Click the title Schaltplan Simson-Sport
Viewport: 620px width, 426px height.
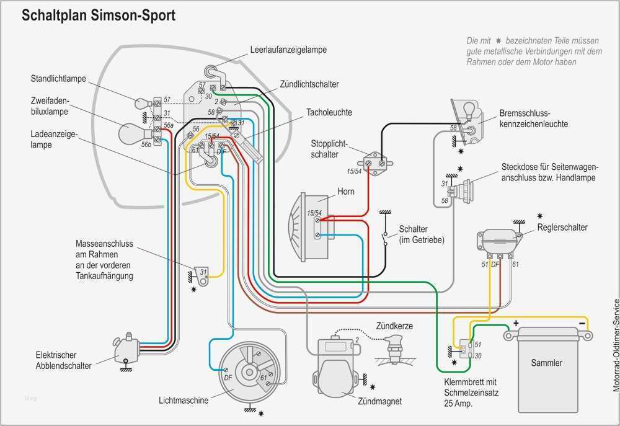click(99, 16)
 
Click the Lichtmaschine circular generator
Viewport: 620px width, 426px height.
click(250, 372)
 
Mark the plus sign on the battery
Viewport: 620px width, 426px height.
click(515, 323)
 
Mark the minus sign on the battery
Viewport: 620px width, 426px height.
click(582, 323)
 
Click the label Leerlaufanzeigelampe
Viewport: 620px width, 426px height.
click(288, 49)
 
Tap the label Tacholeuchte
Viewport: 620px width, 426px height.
click(329, 112)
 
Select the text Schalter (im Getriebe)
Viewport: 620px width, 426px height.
click(422, 234)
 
